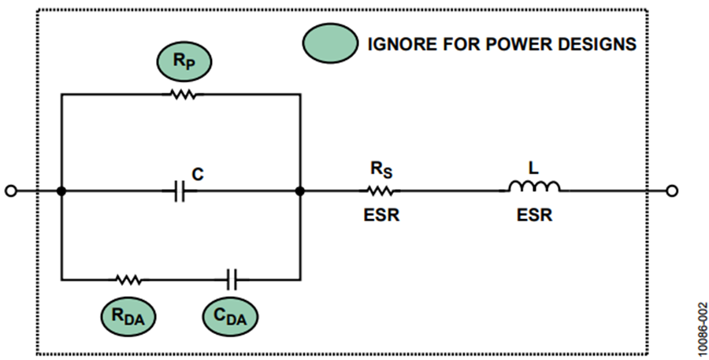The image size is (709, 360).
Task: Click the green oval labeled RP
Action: pyautogui.click(x=184, y=61)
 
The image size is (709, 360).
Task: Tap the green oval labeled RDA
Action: pyautogui.click(x=128, y=316)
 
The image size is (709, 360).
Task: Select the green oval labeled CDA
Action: pyautogui.click(x=230, y=316)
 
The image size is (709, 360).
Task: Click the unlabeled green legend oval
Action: pyautogui.click(x=330, y=43)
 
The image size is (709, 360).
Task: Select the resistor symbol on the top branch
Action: pyautogui.click(x=183, y=95)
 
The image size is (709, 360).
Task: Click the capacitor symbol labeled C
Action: pyautogui.click(x=180, y=191)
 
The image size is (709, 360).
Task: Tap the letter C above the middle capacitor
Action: pyautogui.click(x=198, y=174)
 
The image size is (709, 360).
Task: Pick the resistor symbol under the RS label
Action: pyautogui.click(x=380, y=191)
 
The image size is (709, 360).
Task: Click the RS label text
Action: pyautogui.click(x=381, y=169)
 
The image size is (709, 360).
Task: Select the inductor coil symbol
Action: pyautogui.click(x=534, y=187)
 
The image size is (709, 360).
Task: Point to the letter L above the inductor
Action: pyautogui.click(x=534, y=169)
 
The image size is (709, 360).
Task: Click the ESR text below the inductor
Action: pyautogui.click(x=534, y=215)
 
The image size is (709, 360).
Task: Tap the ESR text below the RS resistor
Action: pyautogui.click(x=381, y=215)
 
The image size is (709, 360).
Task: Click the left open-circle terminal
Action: pyautogui.click(x=11, y=191)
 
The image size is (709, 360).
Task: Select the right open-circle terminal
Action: pyautogui.click(x=673, y=191)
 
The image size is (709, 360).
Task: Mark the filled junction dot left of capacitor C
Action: pyautogui.click(x=61, y=191)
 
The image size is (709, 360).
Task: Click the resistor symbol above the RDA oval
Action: pyautogui.click(x=129, y=280)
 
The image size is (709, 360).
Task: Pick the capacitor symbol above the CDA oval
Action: pyautogui.click(x=232, y=280)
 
